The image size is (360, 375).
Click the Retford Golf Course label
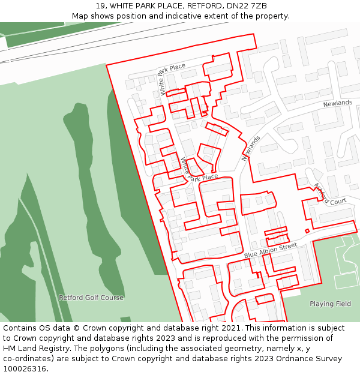91,298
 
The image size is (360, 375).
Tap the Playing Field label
330,304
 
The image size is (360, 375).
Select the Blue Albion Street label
271,251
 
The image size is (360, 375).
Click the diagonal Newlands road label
251,148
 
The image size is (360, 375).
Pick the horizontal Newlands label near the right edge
338,103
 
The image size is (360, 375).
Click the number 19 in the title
100,5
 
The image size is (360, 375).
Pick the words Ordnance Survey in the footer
310,359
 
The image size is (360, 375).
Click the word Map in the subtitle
80,16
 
